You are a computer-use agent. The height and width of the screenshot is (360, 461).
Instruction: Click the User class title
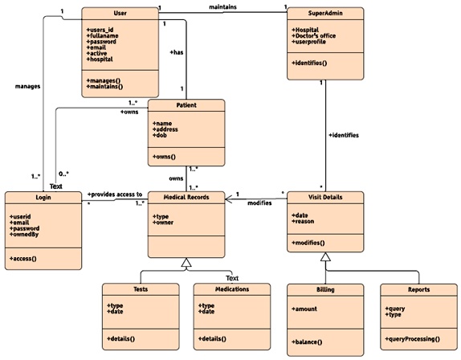[120, 14]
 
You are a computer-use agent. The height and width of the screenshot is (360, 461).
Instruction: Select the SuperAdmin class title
[324, 14]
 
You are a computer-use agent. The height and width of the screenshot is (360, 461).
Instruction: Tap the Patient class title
[186, 105]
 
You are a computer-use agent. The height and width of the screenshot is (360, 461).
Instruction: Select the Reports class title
[418, 288]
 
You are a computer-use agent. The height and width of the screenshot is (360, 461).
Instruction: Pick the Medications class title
[232, 288]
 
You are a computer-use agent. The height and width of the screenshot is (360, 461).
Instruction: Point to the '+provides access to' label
[114, 194]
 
